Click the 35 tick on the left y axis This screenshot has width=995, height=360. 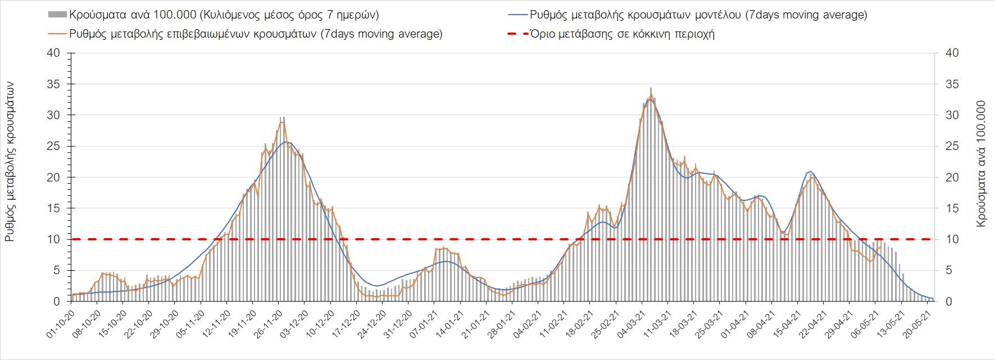coord(53,84)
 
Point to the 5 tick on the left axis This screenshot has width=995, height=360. coord(56,271)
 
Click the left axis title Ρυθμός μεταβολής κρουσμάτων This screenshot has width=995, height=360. coord(10,161)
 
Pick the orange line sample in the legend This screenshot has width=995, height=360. coord(58,34)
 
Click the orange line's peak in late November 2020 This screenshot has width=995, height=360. coord(282,122)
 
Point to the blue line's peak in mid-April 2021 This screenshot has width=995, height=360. coord(810,171)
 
